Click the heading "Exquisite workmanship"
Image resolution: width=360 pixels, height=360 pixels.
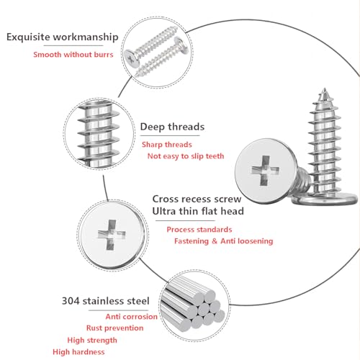[63, 37]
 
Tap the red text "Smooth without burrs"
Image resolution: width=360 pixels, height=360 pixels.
[73, 55]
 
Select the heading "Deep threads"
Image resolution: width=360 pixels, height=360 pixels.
[172, 127]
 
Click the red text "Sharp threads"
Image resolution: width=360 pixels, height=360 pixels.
[167, 145]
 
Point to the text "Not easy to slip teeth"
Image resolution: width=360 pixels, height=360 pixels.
[186, 156]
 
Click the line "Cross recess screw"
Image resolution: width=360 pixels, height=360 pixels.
[197, 199]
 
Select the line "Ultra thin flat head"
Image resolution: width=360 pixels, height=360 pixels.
[198, 211]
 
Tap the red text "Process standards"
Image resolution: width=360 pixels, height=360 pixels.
[199, 230]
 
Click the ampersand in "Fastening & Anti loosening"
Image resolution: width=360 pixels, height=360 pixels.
[215, 241]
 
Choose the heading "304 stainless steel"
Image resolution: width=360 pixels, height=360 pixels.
[106, 301]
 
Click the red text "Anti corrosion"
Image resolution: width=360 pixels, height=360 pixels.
[132, 317]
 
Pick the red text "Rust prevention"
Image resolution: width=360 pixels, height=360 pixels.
[114, 328]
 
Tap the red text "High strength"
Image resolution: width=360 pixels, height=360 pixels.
[92, 340]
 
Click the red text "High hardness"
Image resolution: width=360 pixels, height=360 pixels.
[78, 352]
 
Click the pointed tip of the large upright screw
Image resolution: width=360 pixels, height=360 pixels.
[325, 89]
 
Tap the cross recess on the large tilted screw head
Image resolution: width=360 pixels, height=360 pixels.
[265, 171]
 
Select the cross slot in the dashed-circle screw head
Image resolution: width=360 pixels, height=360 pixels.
[112, 235]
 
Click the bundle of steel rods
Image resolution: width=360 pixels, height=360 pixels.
[193, 305]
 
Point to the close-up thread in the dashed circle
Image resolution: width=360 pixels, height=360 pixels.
[99, 134]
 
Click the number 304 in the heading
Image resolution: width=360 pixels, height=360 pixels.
[71, 301]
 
